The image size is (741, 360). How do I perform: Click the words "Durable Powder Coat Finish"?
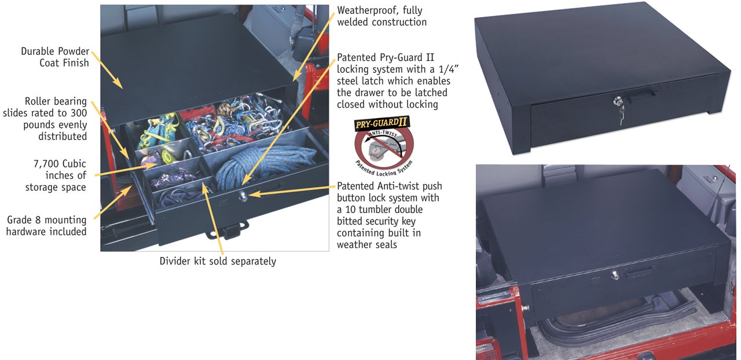point(55,57)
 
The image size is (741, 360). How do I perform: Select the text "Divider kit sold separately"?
point(218,261)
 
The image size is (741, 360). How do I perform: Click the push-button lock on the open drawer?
point(243,197)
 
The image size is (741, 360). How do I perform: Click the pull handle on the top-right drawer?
point(641,95)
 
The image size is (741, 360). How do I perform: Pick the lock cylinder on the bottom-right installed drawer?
point(615,275)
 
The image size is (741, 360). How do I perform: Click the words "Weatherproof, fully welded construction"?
point(381,16)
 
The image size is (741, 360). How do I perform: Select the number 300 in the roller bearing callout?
point(78,113)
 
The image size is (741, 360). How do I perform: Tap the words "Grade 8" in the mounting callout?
point(25,220)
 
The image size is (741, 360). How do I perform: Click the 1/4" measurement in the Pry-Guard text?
point(447,69)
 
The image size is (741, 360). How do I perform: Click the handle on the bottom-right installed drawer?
point(639,272)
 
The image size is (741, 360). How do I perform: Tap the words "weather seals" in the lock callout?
point(367,244)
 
